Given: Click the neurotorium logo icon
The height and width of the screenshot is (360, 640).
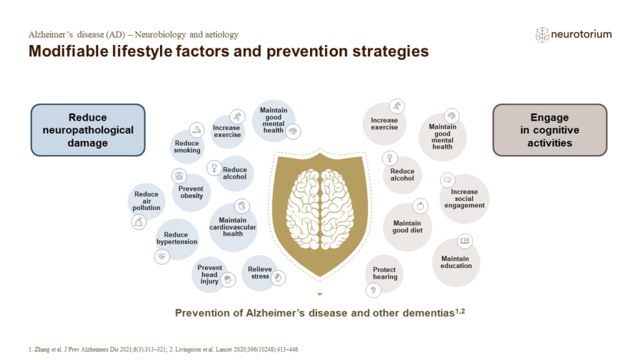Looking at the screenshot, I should (541, 35).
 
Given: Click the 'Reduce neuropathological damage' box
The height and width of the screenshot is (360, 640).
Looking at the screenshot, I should (88, 130).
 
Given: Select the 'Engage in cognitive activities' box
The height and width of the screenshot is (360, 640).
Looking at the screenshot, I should (549, 130).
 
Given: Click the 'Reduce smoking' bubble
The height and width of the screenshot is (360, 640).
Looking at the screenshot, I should (187, 147).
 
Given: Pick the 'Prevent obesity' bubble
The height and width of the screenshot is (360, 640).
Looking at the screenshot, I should (191, 192).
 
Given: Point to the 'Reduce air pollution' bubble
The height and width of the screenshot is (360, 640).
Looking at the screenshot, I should (146, 201).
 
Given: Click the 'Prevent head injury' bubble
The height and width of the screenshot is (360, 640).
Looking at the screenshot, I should (210, 274).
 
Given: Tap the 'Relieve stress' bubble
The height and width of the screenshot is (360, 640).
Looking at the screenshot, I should (260, 272).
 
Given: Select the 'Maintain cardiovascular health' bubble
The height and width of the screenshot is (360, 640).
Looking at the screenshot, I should (232, 227).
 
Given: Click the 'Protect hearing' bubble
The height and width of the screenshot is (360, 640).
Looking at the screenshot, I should (384, 273).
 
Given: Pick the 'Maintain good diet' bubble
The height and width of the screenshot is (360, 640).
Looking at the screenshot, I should (407, 226).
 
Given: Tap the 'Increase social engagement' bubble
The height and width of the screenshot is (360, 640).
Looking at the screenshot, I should (464, 198).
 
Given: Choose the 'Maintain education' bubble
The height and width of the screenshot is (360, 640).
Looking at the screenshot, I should (456, 262).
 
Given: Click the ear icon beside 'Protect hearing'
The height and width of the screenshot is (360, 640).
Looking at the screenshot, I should (374, 289).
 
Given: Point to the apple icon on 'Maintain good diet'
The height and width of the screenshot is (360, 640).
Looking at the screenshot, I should (420, 205).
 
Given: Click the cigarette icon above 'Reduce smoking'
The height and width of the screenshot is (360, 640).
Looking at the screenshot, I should (196, 129).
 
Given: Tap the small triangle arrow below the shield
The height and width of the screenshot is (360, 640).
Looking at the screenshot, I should (319, 294).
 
